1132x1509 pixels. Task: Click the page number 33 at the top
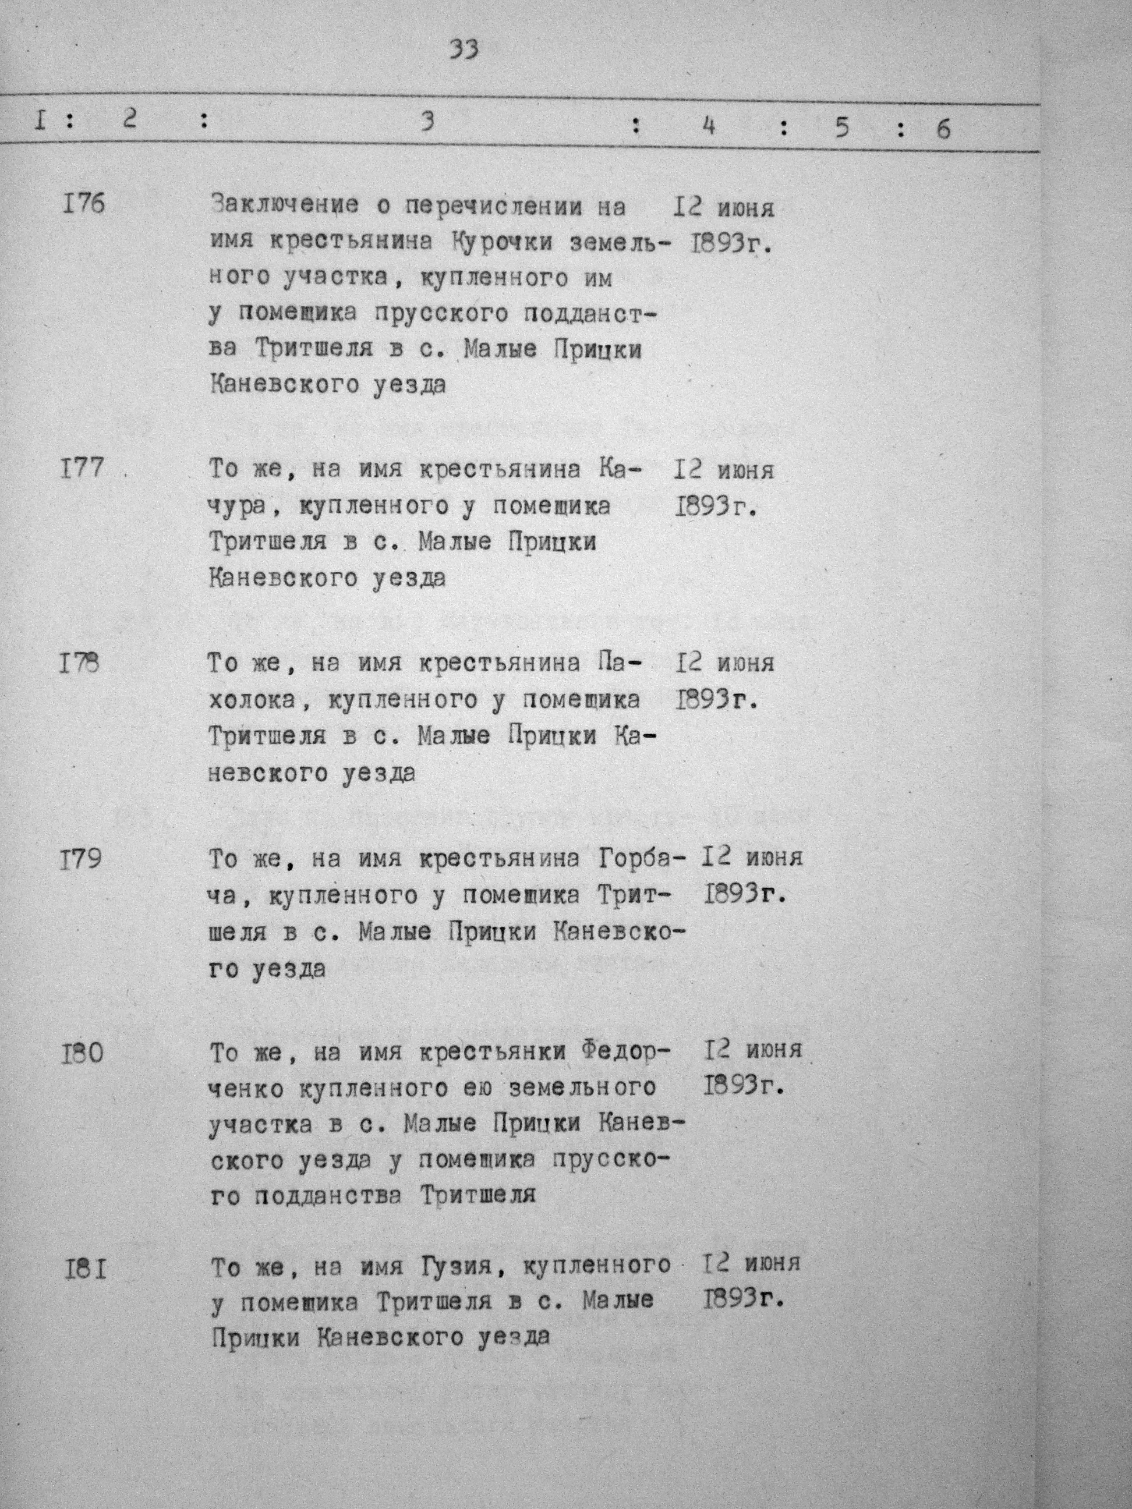point(464,49)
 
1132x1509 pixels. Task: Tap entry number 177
point(83,469)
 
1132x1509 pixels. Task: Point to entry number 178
point(79,663)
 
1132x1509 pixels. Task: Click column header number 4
point(708,126)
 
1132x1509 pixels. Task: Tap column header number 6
point(943,128)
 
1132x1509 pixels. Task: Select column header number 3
point(427,122)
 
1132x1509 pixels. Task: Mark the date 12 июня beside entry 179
point(752,857)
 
